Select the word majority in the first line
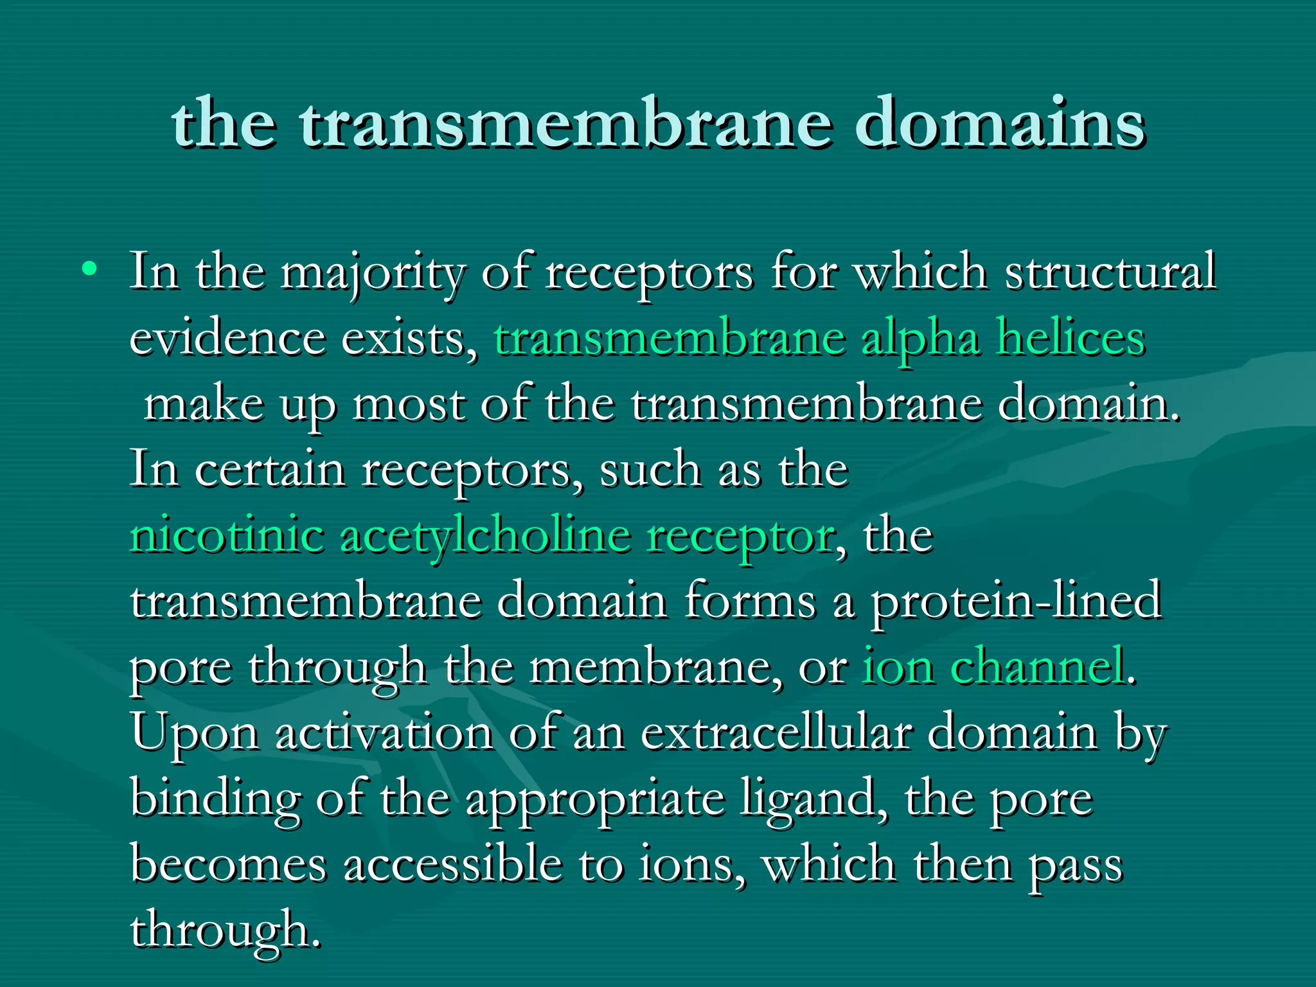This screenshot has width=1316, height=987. click(371, 273)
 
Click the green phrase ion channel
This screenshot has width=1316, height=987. click(993, 666)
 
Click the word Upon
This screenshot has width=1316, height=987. click(195, 734)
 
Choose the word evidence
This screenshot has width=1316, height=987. click(227, 338)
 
